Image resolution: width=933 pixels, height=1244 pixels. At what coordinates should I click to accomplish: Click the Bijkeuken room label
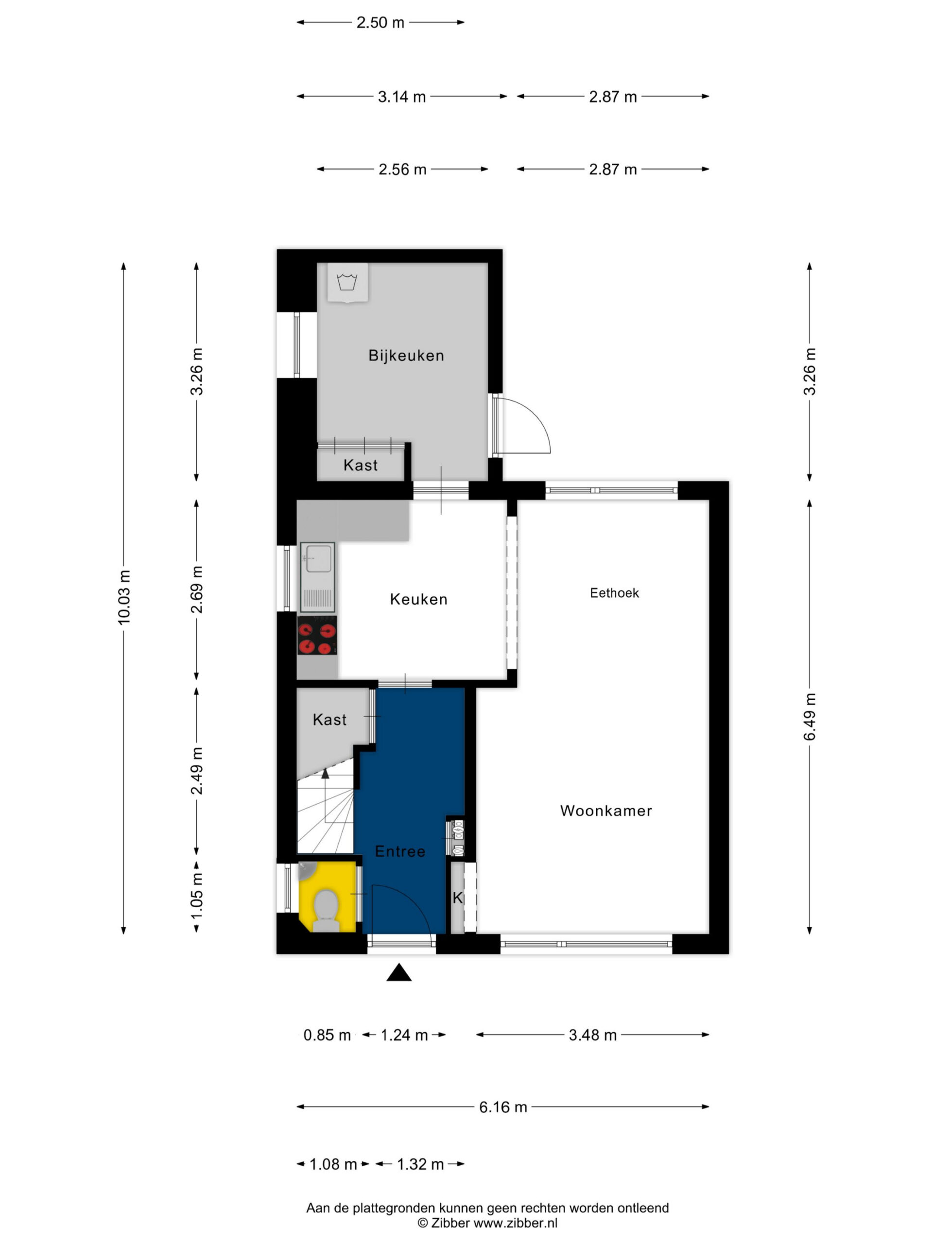[x=406, y=355]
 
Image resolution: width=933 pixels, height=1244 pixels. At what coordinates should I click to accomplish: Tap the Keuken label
[x=418, y=599]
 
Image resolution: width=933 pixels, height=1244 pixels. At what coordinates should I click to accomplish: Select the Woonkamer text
[x=605, y=811]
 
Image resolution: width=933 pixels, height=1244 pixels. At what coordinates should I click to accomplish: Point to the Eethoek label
[x=614, y=593]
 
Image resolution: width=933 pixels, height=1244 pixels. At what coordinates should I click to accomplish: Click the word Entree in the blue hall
[x=400, y=851]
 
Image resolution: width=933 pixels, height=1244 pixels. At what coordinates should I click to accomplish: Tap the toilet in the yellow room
[x=326, y=911]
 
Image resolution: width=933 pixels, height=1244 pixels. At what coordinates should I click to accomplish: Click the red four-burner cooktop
[x=317, y=636]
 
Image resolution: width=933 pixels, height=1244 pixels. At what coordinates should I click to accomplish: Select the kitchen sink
[x=317, y=577]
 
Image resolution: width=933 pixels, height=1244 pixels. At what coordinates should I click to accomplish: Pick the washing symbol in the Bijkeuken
[x=347, y=281]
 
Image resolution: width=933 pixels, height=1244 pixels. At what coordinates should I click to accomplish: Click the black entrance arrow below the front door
[x=399, y=972]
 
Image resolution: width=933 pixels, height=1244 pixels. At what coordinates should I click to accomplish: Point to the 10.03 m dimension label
[x=124, y=597]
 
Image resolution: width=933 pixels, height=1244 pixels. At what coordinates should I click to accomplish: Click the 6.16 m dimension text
[x=503, y=1107]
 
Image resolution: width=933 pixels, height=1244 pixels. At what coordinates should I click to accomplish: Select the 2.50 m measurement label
[x=380, y=22]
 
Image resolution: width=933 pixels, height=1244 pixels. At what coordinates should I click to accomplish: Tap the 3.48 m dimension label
[x=593, y=1035]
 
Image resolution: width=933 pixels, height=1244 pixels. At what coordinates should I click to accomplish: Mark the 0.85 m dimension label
[x=327, y=1035]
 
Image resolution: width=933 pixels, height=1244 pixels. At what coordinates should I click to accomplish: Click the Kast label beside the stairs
[x=329, y=719]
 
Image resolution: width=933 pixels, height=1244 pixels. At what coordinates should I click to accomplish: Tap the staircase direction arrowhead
[x=325, y=774]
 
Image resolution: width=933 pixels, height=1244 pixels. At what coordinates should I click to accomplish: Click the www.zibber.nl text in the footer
[x=515, y=1223]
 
